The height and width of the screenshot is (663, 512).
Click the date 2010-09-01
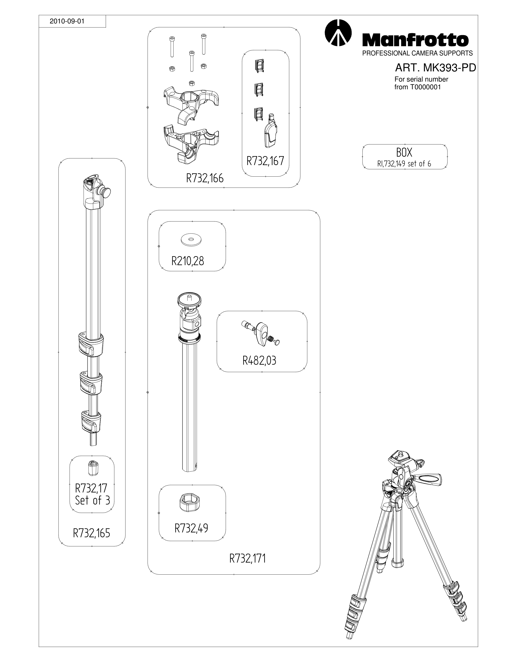point(67,21)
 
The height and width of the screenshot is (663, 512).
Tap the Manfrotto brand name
point(415,40)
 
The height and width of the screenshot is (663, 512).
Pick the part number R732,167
point(265,161)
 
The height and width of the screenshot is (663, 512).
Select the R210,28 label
point(188,261)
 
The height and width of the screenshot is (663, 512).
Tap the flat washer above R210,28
point(191,240)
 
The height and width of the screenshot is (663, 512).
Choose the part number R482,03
point(259,361)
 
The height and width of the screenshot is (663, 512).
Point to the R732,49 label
point(192,528)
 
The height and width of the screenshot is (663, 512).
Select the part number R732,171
point(248,558)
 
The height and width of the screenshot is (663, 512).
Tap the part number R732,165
point(92,533)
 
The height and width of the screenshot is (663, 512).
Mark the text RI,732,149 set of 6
point(404,164)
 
